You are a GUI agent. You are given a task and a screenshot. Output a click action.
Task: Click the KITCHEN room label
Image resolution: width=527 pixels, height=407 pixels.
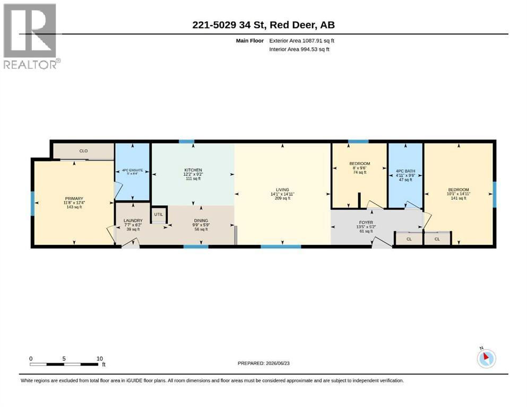pyautogui.click(x=193, y=170)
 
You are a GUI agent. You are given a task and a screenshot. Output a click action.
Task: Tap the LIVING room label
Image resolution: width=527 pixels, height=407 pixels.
pyautogui.click(x=282, y=190)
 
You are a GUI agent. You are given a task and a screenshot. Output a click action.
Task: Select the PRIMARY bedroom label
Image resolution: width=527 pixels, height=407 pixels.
pyautogui.click(x=74, y=199)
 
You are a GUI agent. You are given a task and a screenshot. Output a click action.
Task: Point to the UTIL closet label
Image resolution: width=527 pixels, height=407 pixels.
pyautogui.click(x=158, y=215)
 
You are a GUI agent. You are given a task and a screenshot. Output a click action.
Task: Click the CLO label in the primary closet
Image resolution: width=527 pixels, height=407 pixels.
pyautogui.click(x=83, y=151)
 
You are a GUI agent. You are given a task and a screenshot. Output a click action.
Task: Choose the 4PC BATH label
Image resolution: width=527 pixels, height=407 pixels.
pyautogui.click(x=405, y=171)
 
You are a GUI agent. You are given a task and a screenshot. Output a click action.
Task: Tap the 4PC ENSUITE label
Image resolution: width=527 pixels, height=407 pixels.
pyautogui.click(x=133, y=170)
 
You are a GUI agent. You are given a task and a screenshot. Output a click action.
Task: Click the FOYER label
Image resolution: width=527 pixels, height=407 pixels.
pyautogui.click(x=366, y=223)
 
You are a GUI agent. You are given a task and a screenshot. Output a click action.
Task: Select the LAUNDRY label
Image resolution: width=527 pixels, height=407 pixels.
pyautogui.click(x=133, y=221)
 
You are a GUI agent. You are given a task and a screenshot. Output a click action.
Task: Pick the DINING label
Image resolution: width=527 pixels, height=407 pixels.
pyautogui.click(x=201, y=221)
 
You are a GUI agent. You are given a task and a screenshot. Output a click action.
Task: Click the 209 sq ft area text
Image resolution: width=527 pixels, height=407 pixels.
pyautogui.click(x=282, y=198)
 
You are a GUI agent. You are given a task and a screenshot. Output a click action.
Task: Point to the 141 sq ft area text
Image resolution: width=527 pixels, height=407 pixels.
pyautogui.click(x=459, y=198)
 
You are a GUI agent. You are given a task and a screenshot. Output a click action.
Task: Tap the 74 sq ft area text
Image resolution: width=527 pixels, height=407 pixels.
pyautogui.click(x=360, y=172)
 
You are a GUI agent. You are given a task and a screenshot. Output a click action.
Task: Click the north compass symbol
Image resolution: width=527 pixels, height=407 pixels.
pyautogui.click(x=486, y=358)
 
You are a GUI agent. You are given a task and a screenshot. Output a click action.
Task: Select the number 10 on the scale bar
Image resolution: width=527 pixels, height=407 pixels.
pyautogui.click(x=99, y=359)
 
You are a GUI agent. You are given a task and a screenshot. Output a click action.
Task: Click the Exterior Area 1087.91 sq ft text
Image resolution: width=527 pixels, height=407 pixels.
pyautogui.click(x=301, y=41)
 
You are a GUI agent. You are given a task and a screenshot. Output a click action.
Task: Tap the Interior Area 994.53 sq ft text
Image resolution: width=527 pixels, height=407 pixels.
pyautogui.click(x=299, y=49)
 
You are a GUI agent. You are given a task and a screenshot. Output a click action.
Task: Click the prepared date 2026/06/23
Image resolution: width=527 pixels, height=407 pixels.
pyautogui.click(x=278, y=363)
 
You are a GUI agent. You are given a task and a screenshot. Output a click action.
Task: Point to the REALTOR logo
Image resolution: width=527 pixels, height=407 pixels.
pyautogui.click(x=31, y=36)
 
